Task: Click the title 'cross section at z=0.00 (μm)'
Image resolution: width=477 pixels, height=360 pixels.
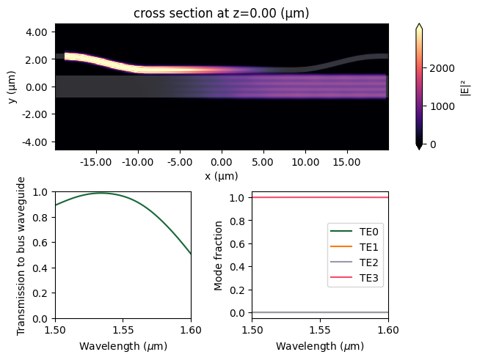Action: pos(221,12)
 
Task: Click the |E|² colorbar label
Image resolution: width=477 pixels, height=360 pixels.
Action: pos(465,87)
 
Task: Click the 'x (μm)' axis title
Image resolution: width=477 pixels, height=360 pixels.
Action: pos(221,176)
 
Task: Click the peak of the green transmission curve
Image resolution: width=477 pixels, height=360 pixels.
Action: pos(101,193)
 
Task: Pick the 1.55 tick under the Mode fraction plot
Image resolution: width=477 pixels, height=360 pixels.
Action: pos(320,328)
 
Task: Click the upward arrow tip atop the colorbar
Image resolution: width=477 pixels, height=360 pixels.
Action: pos(418,24)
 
